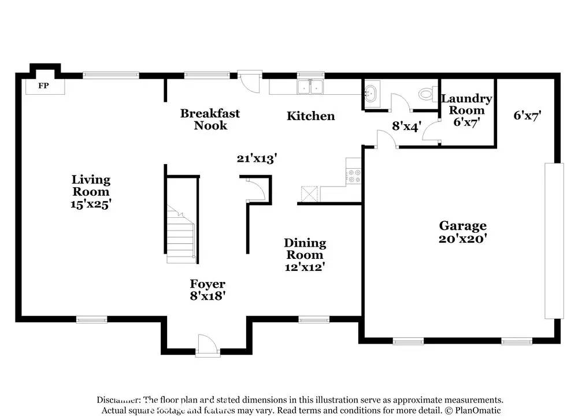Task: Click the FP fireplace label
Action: click(x=43, y=86)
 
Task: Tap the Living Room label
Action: click(x=91, y=185)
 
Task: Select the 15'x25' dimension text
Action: click(x=91, y=203)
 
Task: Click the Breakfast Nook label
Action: click(x=210, y=119)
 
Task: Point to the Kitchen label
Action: click(x=311, y=116)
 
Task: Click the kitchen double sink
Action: click(x=310, y=87)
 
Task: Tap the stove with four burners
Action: click(x=353, y=176)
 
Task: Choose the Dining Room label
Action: click(x=305, y=248)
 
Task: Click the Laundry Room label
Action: click(x=466, y=104)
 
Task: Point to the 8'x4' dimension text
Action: click(x=407, y=125)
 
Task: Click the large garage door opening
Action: click(x=554, y=240)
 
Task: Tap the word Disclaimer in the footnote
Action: click(x=118, y=400)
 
